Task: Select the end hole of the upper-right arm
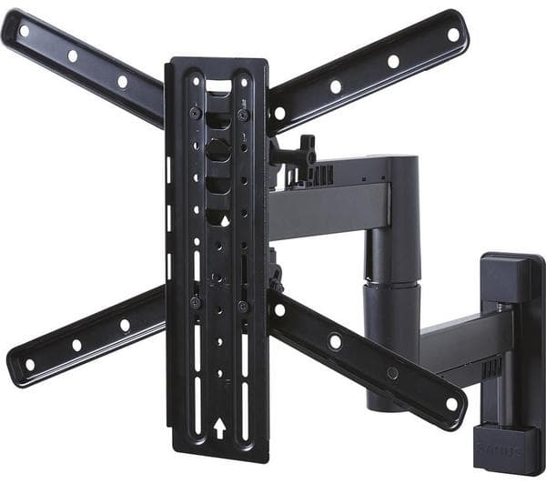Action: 452,35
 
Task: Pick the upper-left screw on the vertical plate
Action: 195,112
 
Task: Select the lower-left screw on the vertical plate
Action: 196,302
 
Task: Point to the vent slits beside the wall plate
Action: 491,367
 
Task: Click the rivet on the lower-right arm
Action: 392,372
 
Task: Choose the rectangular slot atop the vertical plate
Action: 219,86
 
